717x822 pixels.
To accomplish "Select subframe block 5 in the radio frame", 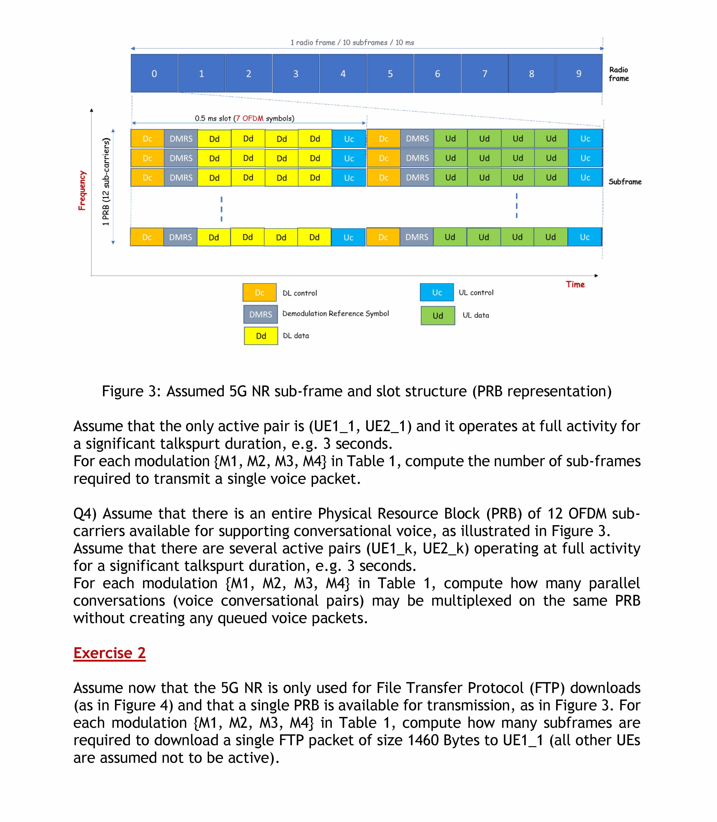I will pos(390,74).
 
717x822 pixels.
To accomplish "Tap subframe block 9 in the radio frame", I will pos(579,74).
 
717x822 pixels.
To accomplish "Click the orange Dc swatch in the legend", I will pos(259,292).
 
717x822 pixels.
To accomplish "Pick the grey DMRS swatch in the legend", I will pos(261,314).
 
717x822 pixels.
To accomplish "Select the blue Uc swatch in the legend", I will pos(437,292).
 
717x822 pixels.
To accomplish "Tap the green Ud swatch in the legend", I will pos(438,316).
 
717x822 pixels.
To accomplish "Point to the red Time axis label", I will pos(575,284).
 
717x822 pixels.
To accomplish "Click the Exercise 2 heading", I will pos(109,653).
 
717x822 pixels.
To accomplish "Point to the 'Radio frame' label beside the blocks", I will pos(619,74).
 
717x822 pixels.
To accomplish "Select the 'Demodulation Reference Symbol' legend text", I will pos(335,314).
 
